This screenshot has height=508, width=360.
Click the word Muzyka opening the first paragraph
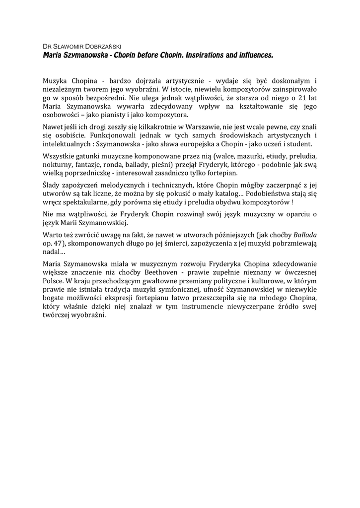pos(56,80)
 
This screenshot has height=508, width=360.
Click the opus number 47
pos(58,244)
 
